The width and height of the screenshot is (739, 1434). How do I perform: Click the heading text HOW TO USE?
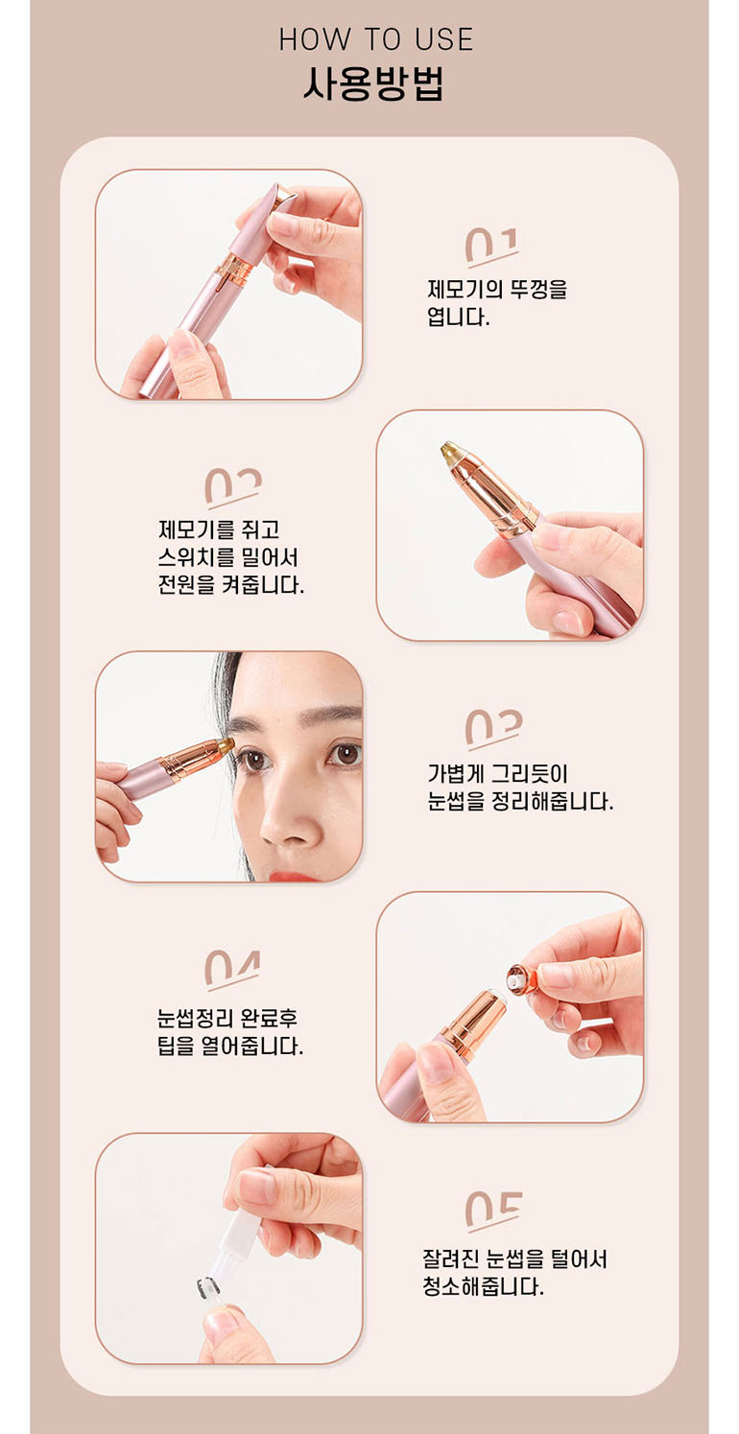pos(376,39)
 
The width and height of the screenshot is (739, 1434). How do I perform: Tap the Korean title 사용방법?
pos(374,83)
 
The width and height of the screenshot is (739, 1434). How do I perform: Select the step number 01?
pos(491,246)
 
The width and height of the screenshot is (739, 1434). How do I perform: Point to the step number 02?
pos(233,486)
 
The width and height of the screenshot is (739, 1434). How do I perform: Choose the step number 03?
pos(493,729)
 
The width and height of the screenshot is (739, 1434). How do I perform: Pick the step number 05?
pos(493,1211)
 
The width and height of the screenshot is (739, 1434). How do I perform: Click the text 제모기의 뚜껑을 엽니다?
pos(497,303)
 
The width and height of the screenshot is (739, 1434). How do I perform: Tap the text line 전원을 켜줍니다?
pos(231,585)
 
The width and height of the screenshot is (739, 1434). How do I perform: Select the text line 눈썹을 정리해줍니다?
pos(520,801)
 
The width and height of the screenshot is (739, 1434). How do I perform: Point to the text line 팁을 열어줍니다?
pos(230,1046)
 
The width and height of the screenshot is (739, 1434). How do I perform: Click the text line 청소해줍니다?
pos(483,1285)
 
